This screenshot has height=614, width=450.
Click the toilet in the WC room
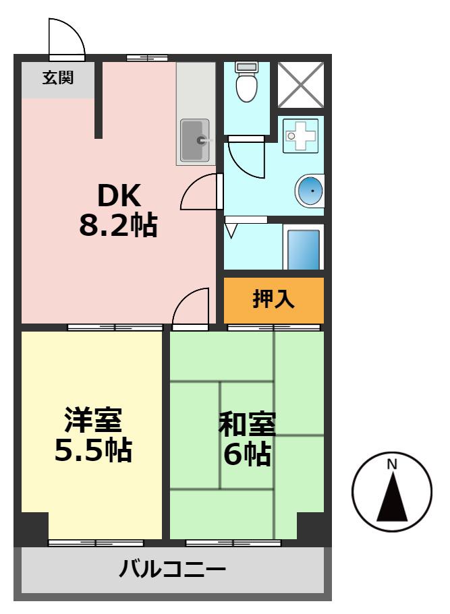(246, 82)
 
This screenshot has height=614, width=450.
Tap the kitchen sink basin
(194, 141)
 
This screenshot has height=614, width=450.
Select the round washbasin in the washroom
(310, 191)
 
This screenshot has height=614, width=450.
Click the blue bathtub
(304, 249)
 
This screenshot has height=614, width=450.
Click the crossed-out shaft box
(301, 84)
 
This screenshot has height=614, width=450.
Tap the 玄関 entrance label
(58, 78)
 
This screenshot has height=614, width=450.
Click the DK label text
(119, 195)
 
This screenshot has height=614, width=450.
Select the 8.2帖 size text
(118, 225)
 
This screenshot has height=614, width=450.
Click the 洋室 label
(94, 420)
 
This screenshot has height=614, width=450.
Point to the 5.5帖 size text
(93, 450)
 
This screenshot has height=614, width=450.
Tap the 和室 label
(248, 424)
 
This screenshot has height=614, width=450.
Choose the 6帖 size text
(248, 454)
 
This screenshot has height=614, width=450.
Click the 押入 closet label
(273, 299)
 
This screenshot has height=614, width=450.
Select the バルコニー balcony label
(173, 569)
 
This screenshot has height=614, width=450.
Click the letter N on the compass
(391, 464)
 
